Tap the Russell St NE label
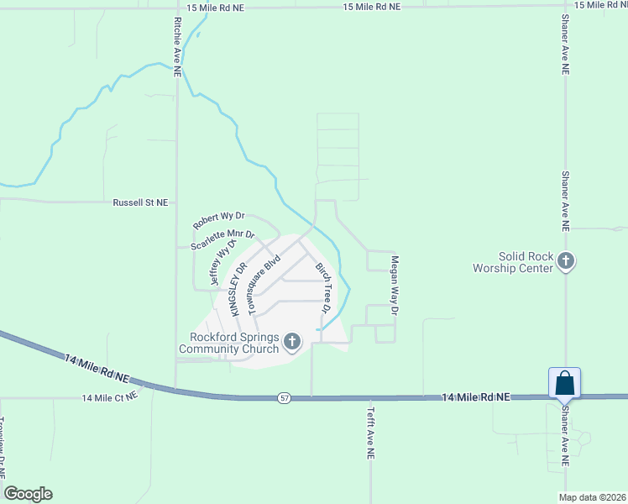pos(141,202)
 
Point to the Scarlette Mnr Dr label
pos(222,240)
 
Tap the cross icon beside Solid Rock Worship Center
pos(567,261)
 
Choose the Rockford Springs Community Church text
pos(228,344)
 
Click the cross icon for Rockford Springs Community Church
pos(292,340)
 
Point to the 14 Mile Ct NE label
pos(109,397)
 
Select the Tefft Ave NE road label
pos(370,433)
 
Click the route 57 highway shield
pos(284,396)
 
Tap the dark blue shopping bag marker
pos(564,383)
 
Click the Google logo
pos(28,494)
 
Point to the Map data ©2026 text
pos(592,497)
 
